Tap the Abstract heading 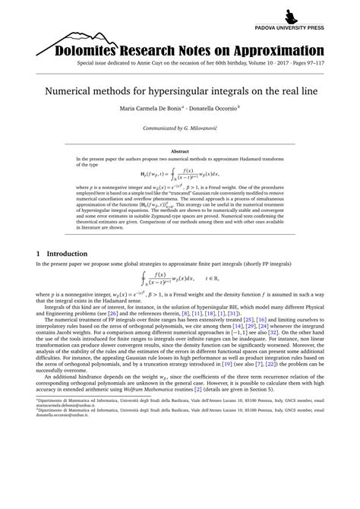tap(179, 152)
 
